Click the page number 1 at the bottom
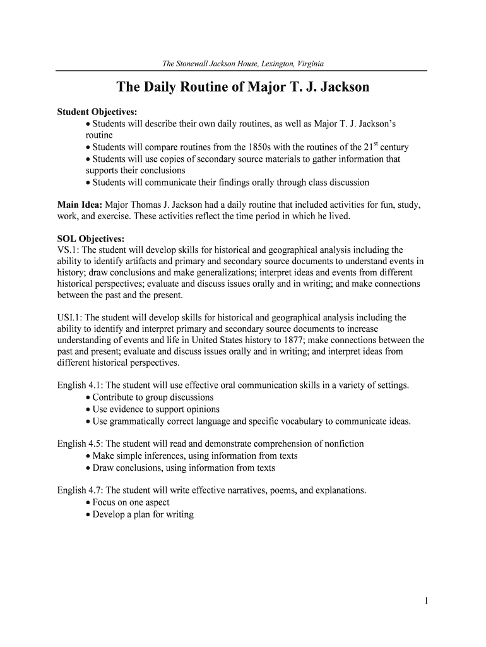click(427, 601)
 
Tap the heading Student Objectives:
click(93, 112)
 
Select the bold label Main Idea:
click(80, 205)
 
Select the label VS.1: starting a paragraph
click(68, 250)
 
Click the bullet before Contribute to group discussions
click(88, 397)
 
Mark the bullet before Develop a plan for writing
click(88, 514)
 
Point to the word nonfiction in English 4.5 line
click(342, 444)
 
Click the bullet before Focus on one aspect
click(88, 502)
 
